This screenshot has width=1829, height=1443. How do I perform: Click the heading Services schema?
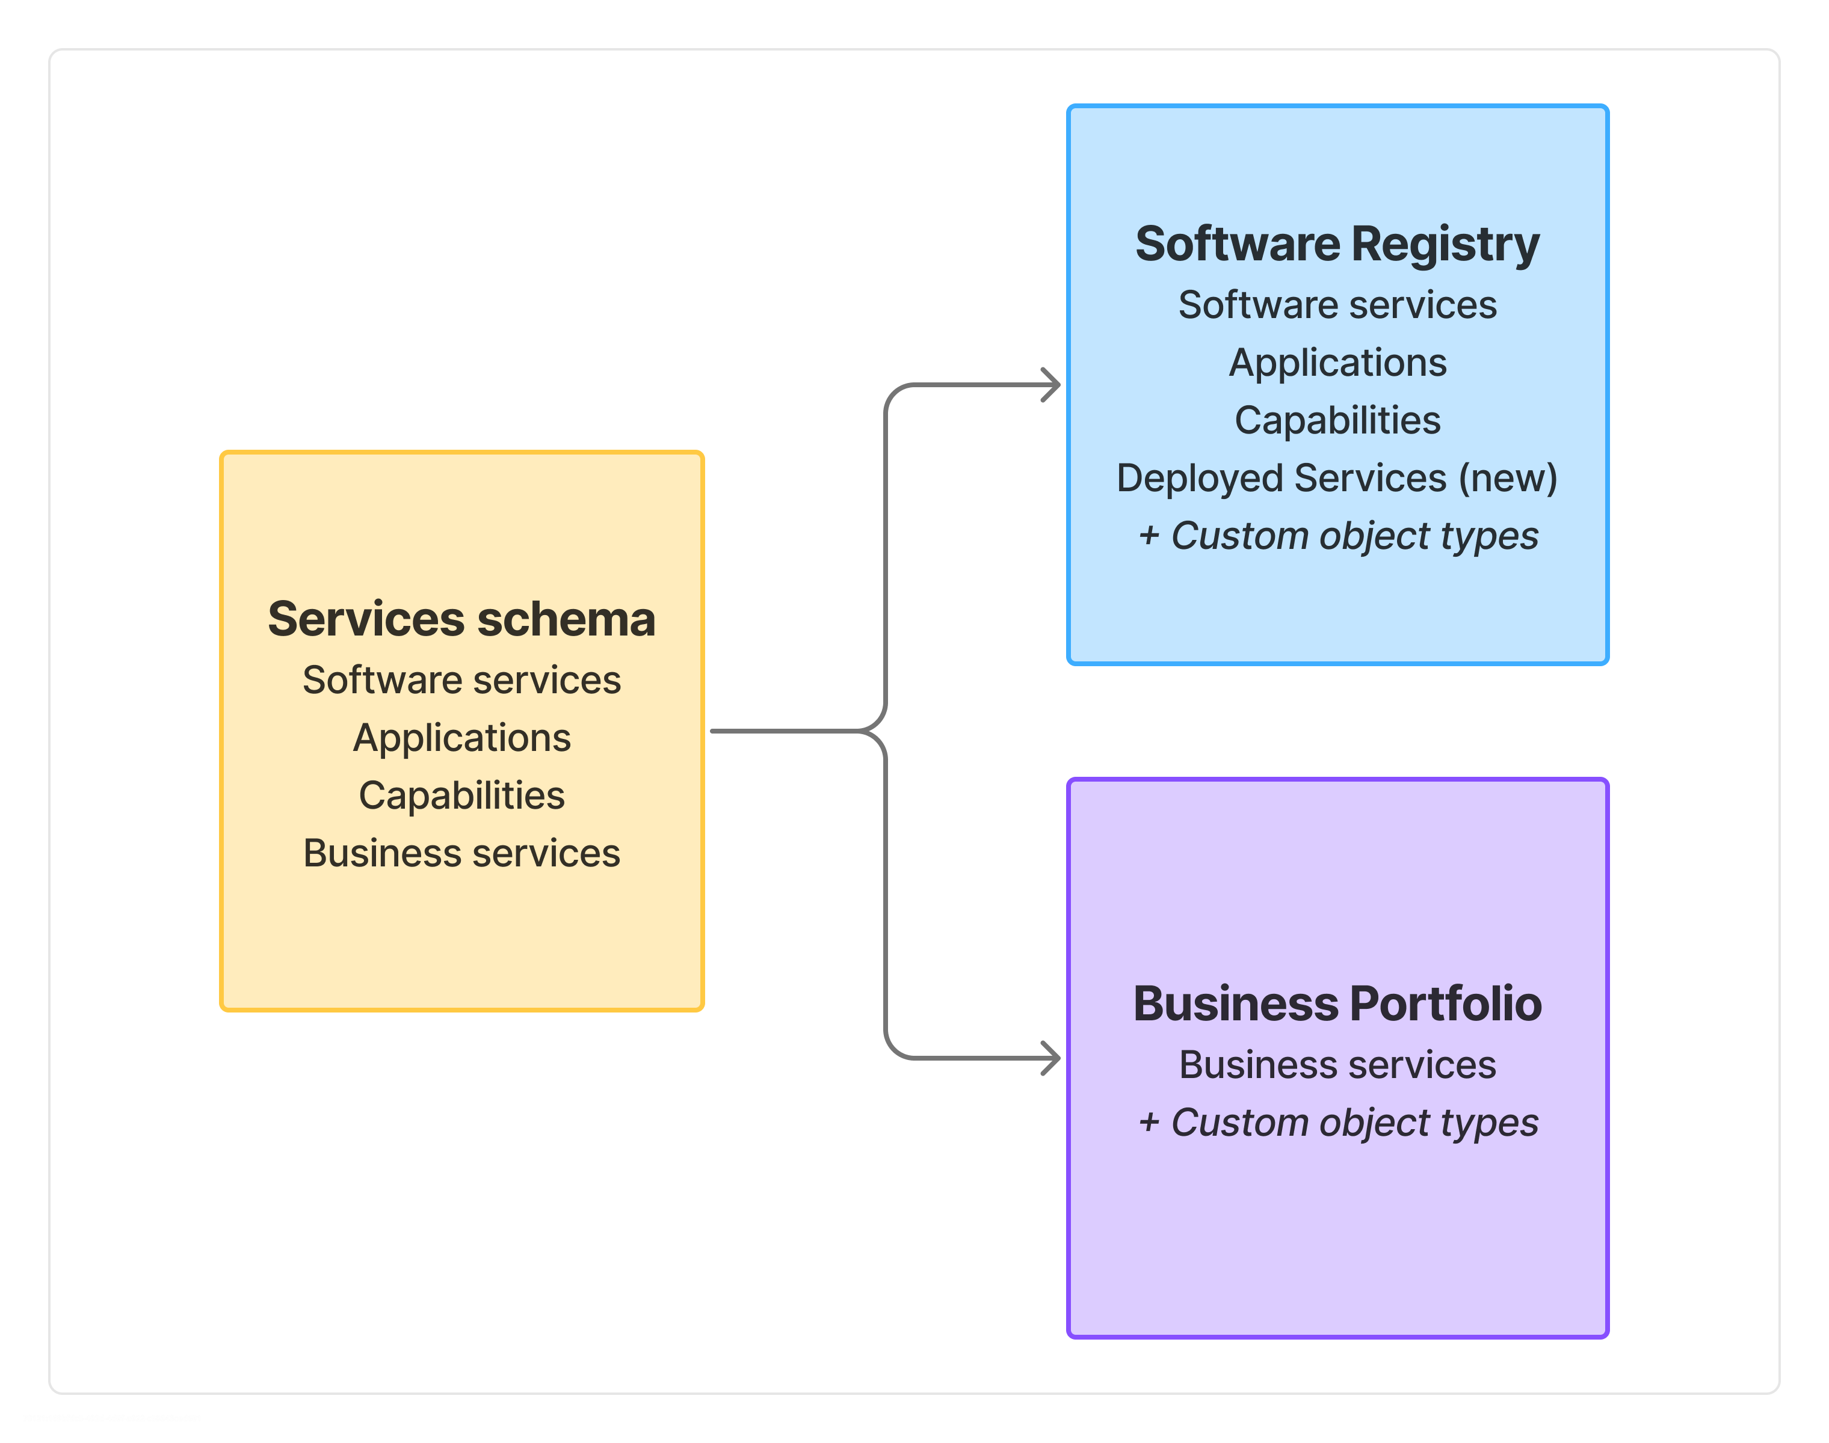tap(461, 619)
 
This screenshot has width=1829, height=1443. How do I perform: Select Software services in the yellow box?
tap(461, 680)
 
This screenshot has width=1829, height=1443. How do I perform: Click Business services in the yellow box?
tap(461, 853)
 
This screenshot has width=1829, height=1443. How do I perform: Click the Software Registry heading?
tap(1337, 245)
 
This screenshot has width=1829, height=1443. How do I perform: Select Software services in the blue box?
tap(1337, 305)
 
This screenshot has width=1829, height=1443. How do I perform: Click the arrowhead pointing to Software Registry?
tap(1052, 385)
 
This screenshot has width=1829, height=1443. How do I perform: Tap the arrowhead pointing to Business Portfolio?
tap(1052, 1058)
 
